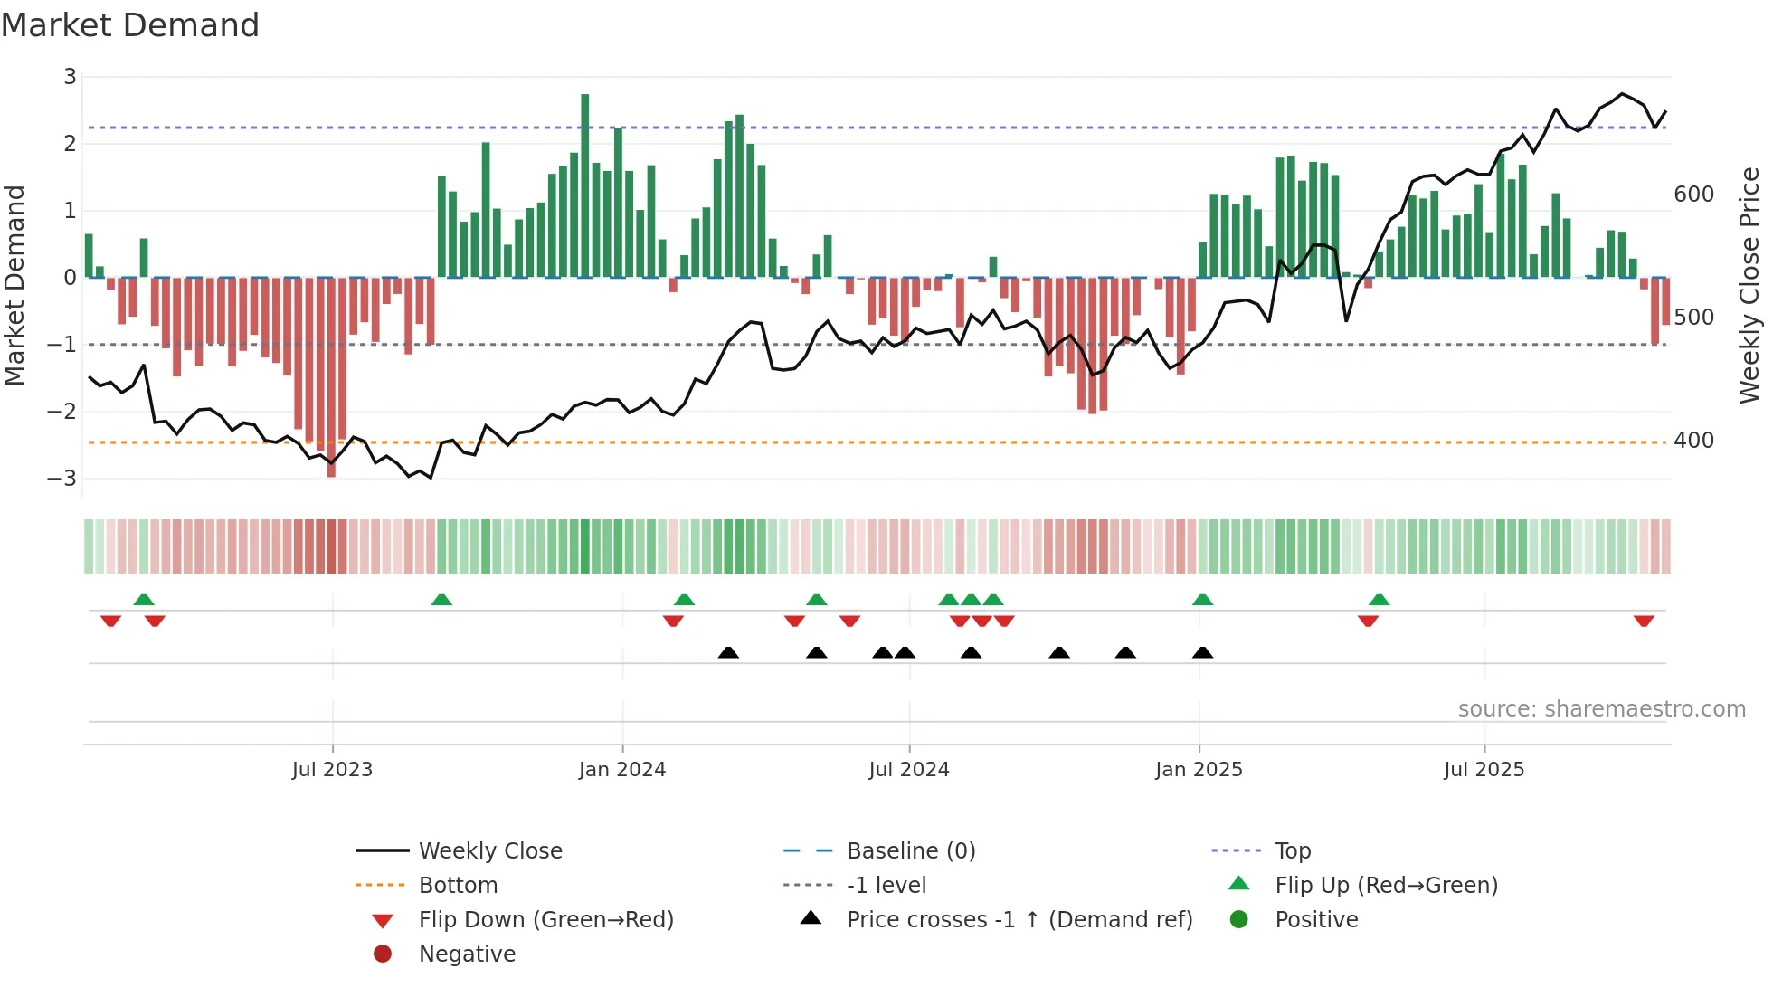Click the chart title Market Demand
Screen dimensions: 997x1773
point(130,25)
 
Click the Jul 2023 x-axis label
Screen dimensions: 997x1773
point(332,770)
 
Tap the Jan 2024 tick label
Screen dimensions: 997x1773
point(622,770)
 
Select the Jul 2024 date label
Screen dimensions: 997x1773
point(909,770)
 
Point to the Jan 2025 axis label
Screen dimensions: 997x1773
point(1199,770)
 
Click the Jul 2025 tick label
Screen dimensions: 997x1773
point(1484,770)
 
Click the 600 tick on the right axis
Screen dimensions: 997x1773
point(1693,195)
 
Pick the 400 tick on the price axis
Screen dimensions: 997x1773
point(1693,441)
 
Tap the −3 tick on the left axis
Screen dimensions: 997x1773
point(62,478)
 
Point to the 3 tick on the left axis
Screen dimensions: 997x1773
point(70,77)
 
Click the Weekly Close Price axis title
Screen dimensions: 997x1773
point(1749,285)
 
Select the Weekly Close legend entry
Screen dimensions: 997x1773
point(490,851)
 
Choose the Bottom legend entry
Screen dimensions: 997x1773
point(458,886)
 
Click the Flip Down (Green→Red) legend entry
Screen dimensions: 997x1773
point(545,920)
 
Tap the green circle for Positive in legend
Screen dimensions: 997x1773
point(1239,920)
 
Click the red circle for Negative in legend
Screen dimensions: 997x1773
point(383,954)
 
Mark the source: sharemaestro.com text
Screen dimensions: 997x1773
point(1601,709)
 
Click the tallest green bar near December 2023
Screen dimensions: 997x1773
point(585,185)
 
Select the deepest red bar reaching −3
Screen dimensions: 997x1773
point(331,377)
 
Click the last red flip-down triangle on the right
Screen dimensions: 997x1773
point(1644,621)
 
